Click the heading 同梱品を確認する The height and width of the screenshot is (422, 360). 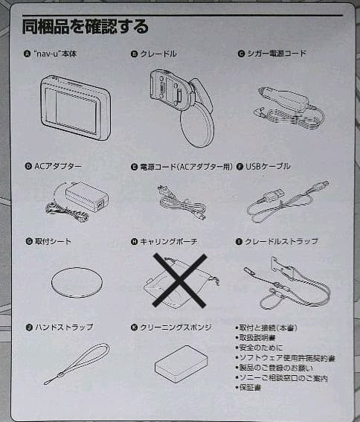85,26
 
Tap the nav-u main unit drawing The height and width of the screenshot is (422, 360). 76,108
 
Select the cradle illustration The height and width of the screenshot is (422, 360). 183,108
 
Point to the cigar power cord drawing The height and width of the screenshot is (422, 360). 289,108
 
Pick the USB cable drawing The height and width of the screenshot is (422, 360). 287,201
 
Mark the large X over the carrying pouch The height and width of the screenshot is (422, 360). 179,281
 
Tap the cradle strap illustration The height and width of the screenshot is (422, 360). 287,283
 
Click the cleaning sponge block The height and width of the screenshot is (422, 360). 181,364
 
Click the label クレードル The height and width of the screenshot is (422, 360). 158,54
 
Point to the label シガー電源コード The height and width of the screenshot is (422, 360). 277,54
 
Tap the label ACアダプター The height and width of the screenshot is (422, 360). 58,166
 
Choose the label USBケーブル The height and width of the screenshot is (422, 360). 268,166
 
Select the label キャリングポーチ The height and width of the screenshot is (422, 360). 169,241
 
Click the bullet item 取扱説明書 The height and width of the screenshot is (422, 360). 257,337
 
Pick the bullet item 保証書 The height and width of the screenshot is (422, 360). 250,388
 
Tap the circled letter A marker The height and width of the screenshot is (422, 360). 27,54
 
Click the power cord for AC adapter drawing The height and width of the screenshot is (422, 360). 181,202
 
